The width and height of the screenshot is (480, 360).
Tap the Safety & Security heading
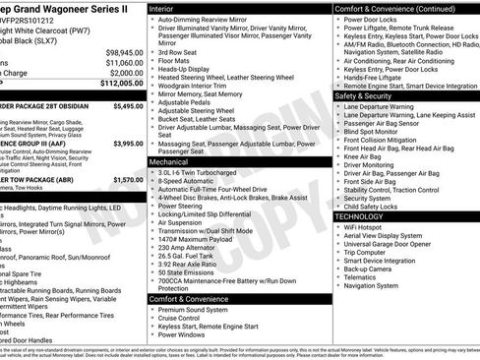click(370, 96)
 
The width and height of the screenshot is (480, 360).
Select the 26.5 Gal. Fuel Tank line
click(191, 256)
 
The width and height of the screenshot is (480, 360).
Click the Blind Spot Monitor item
click(376, 130)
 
